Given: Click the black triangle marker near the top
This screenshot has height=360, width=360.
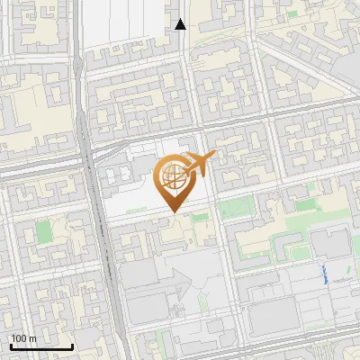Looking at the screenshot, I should tap(181, 24).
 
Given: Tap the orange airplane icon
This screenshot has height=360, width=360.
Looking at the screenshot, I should tap(196, 164).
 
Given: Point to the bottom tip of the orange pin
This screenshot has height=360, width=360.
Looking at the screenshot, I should tap(173, 212).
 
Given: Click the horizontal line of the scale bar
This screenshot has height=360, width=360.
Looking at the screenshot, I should tap(40, 346).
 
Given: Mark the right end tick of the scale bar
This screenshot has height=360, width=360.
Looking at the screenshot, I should tap(72, 345).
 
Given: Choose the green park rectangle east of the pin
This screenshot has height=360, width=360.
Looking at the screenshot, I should tap(236, 209).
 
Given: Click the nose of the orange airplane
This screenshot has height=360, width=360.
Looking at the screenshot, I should tap(213, 157).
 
